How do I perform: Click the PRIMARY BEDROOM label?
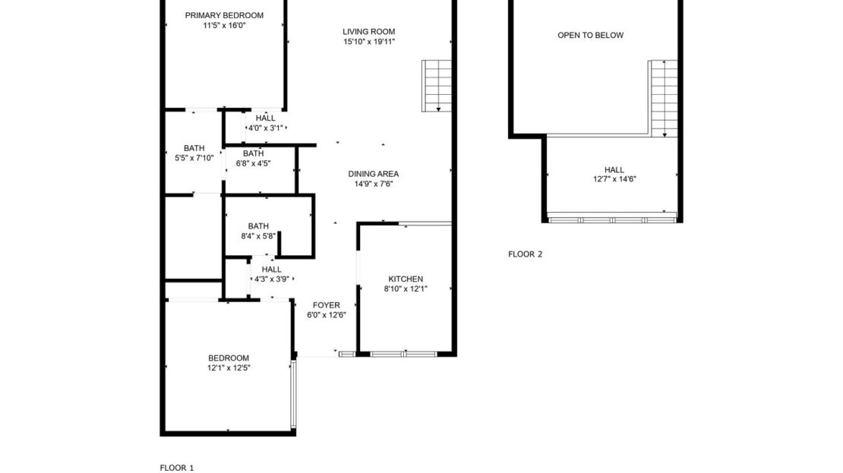224,15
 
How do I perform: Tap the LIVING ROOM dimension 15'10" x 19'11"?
369,43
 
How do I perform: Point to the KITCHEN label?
406,279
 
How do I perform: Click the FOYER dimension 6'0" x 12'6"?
327,315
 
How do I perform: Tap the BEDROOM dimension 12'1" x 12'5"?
229,367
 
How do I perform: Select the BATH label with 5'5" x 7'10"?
194,148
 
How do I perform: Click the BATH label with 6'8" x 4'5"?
253,153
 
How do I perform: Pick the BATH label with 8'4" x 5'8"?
258,225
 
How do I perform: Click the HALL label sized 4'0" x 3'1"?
266,118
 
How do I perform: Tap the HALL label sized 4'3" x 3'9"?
271,269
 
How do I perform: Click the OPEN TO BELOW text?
590,35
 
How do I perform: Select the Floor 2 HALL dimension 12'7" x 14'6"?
614,179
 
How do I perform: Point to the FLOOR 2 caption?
525,254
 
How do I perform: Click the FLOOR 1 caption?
177,468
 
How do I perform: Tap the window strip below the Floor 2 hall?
611,219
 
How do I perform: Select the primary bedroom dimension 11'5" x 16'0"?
224,25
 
